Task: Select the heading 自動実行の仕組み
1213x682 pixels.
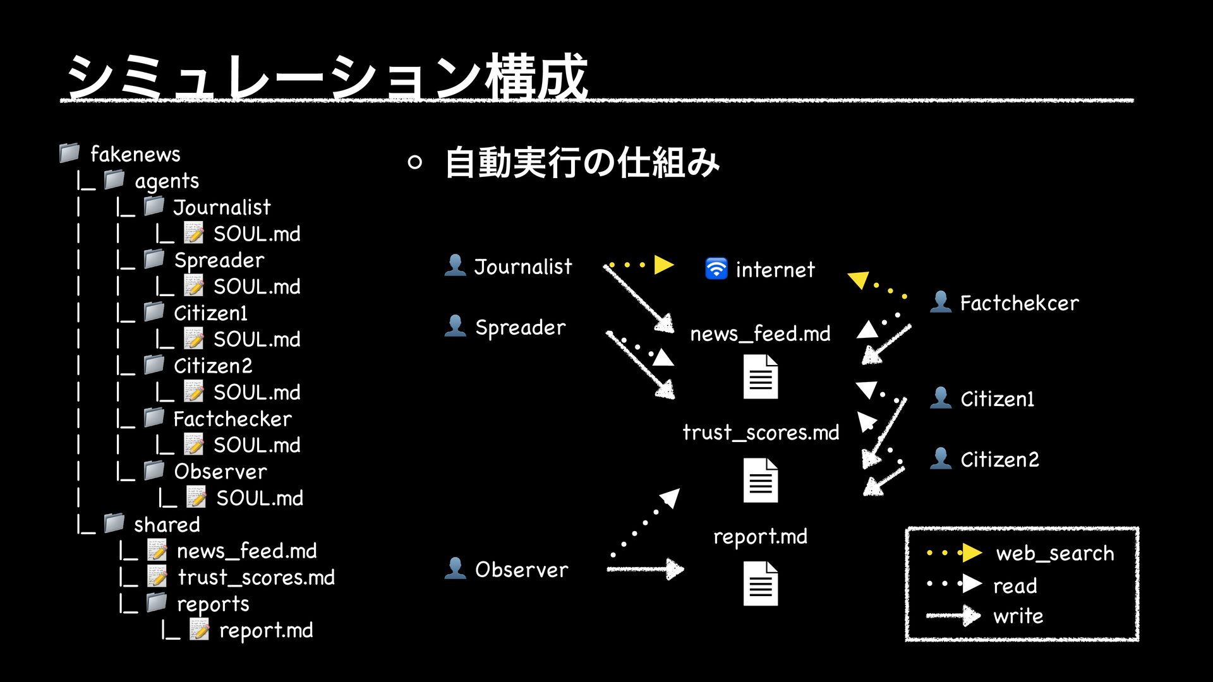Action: [x=582, y=162]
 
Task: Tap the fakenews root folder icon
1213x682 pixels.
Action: [x=69, y=153]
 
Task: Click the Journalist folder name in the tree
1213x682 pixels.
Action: [x=222, y=207]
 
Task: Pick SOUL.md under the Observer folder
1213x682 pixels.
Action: [x=259, y=498]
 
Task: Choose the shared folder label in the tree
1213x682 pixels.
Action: [x=167, y=524]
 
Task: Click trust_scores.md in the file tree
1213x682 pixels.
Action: [x=256, y=577]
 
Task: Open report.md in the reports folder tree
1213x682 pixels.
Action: [x=265, y=630]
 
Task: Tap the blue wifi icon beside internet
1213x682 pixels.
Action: [x=716, y=268]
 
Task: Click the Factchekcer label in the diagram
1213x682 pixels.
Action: [x=1019, y=303]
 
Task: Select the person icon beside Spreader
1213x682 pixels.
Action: [x=455, y=326]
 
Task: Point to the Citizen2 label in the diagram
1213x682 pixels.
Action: [x=999, y=459]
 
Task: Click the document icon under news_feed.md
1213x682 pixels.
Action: [x=761, y=377]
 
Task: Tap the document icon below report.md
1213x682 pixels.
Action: [x=761, y=583]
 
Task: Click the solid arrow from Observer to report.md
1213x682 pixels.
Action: [x=644, y=569]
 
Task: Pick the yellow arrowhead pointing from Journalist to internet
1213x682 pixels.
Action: [x=663, y=265]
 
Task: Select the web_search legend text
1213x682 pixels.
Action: [x=1054, y=553]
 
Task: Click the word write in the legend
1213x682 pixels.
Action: [x=1018, y=616]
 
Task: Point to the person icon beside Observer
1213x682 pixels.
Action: [x=455, y=568]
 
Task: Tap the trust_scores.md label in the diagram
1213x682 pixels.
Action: [x=761, y=433]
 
